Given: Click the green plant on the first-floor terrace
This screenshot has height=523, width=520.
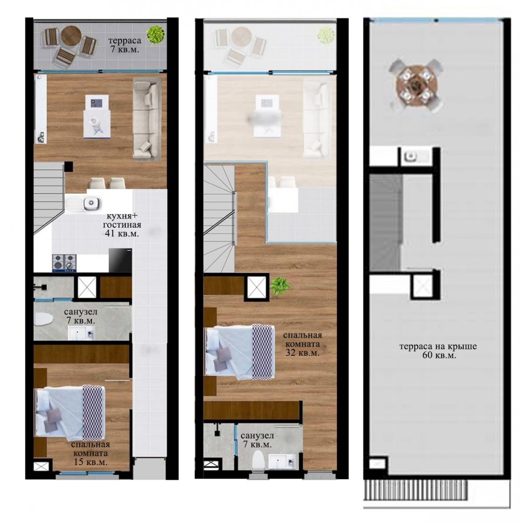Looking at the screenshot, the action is (156, 34).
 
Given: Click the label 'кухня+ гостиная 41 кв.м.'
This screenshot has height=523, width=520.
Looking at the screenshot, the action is (122, 225).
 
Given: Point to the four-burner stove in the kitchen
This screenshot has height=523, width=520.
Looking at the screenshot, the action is (65, 263).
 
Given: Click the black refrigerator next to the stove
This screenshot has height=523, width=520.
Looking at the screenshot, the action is (120, 260).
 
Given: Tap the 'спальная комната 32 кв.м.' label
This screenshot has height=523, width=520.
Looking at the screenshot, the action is (302, 344).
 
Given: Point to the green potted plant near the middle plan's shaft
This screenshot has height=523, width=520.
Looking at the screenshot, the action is (280, 286).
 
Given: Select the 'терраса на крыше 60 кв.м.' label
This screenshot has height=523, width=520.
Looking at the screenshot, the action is (438, 351).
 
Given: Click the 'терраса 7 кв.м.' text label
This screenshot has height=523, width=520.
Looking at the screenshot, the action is (125, 45).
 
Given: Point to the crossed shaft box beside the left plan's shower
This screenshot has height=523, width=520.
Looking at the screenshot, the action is (87, 287).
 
